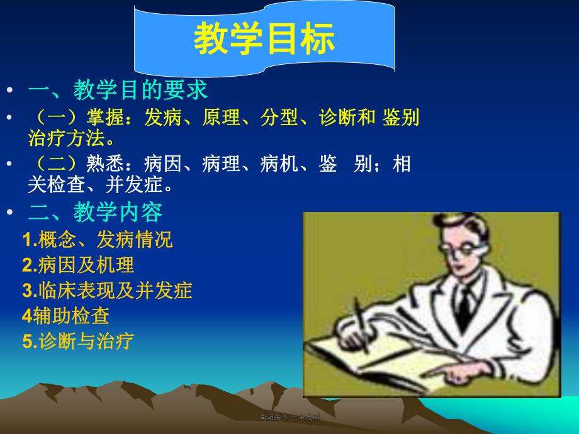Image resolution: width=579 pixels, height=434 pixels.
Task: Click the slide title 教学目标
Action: (264, 39)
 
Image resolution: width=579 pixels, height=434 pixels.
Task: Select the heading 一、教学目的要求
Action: (118, 90)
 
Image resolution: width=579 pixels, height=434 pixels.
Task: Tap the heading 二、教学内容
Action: (95, 213)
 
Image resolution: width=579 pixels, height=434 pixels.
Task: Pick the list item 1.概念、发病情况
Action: (98, 239)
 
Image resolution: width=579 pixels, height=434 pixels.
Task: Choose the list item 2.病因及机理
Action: (78, 265)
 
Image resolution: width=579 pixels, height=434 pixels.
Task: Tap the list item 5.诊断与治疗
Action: (78, 341)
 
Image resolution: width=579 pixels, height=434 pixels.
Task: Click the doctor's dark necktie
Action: (465, 302)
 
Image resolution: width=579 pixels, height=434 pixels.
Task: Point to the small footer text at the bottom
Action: (289, 417)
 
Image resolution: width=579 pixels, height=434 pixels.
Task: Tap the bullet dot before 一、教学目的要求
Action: (9, 91)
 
